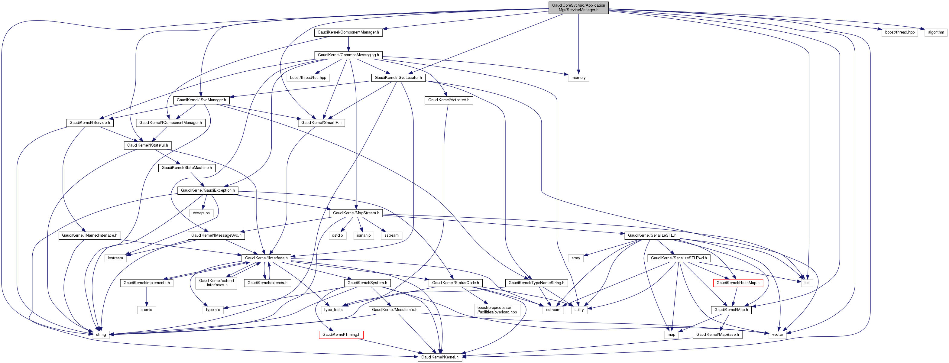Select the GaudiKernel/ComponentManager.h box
(x=348, y=32)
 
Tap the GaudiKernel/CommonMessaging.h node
(x=348, y=55)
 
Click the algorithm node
(x=936, y=32)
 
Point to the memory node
(x=578, y=78)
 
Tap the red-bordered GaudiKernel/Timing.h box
(x=341, y=335)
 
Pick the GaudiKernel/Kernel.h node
(x=439, y=357)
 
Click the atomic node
(x=146, y=310)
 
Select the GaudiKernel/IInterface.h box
(x=266, y=258)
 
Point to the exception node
(x=201, y=213)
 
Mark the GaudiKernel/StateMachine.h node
(x=187, y=168)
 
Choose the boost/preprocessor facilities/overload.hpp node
(x=497, y=310)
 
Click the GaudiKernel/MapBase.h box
(x=717, y=335)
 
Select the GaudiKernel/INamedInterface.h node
(x=89, y=235)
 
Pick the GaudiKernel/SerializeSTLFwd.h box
(x=679, y=258)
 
